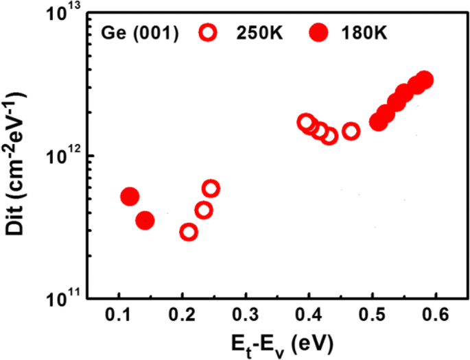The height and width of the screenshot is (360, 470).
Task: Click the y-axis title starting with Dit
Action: [22, 158]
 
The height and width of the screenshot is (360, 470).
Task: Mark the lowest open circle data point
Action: [189, 232]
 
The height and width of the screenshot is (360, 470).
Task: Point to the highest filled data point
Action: [425, 80]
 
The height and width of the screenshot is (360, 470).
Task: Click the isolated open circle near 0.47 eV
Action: [351, 131]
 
